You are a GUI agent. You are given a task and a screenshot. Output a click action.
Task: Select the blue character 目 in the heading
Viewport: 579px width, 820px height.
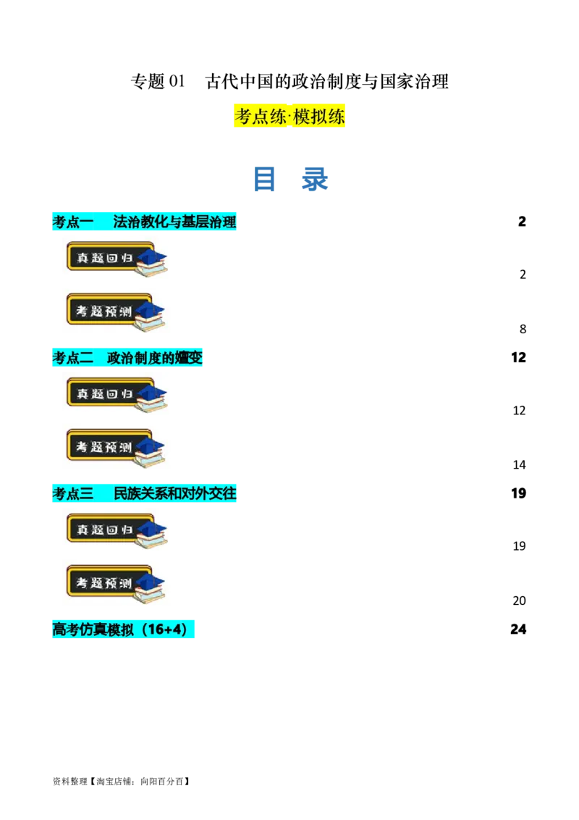(x=263, y=179)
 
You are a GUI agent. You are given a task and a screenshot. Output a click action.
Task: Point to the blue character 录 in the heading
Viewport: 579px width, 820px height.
(x=315, y=179)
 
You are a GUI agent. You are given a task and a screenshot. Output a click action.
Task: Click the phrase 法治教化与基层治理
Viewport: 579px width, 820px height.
(x=174, y=222)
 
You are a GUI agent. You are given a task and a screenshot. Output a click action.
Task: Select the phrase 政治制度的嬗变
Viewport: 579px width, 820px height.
(x=155, y=358)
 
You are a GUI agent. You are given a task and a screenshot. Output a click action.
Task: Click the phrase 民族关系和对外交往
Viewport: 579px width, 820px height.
(x=174, y=494)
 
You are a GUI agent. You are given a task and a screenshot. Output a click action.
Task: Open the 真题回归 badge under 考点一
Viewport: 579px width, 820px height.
(x=109, y=257)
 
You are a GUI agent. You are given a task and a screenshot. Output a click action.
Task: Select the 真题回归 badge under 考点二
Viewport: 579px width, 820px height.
(x=109, y=393)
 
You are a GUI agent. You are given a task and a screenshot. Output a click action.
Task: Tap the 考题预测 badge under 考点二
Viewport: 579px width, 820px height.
(x=109, y=447)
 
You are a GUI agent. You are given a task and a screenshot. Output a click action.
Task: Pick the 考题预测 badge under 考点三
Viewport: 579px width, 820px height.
(x=109, y=583)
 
